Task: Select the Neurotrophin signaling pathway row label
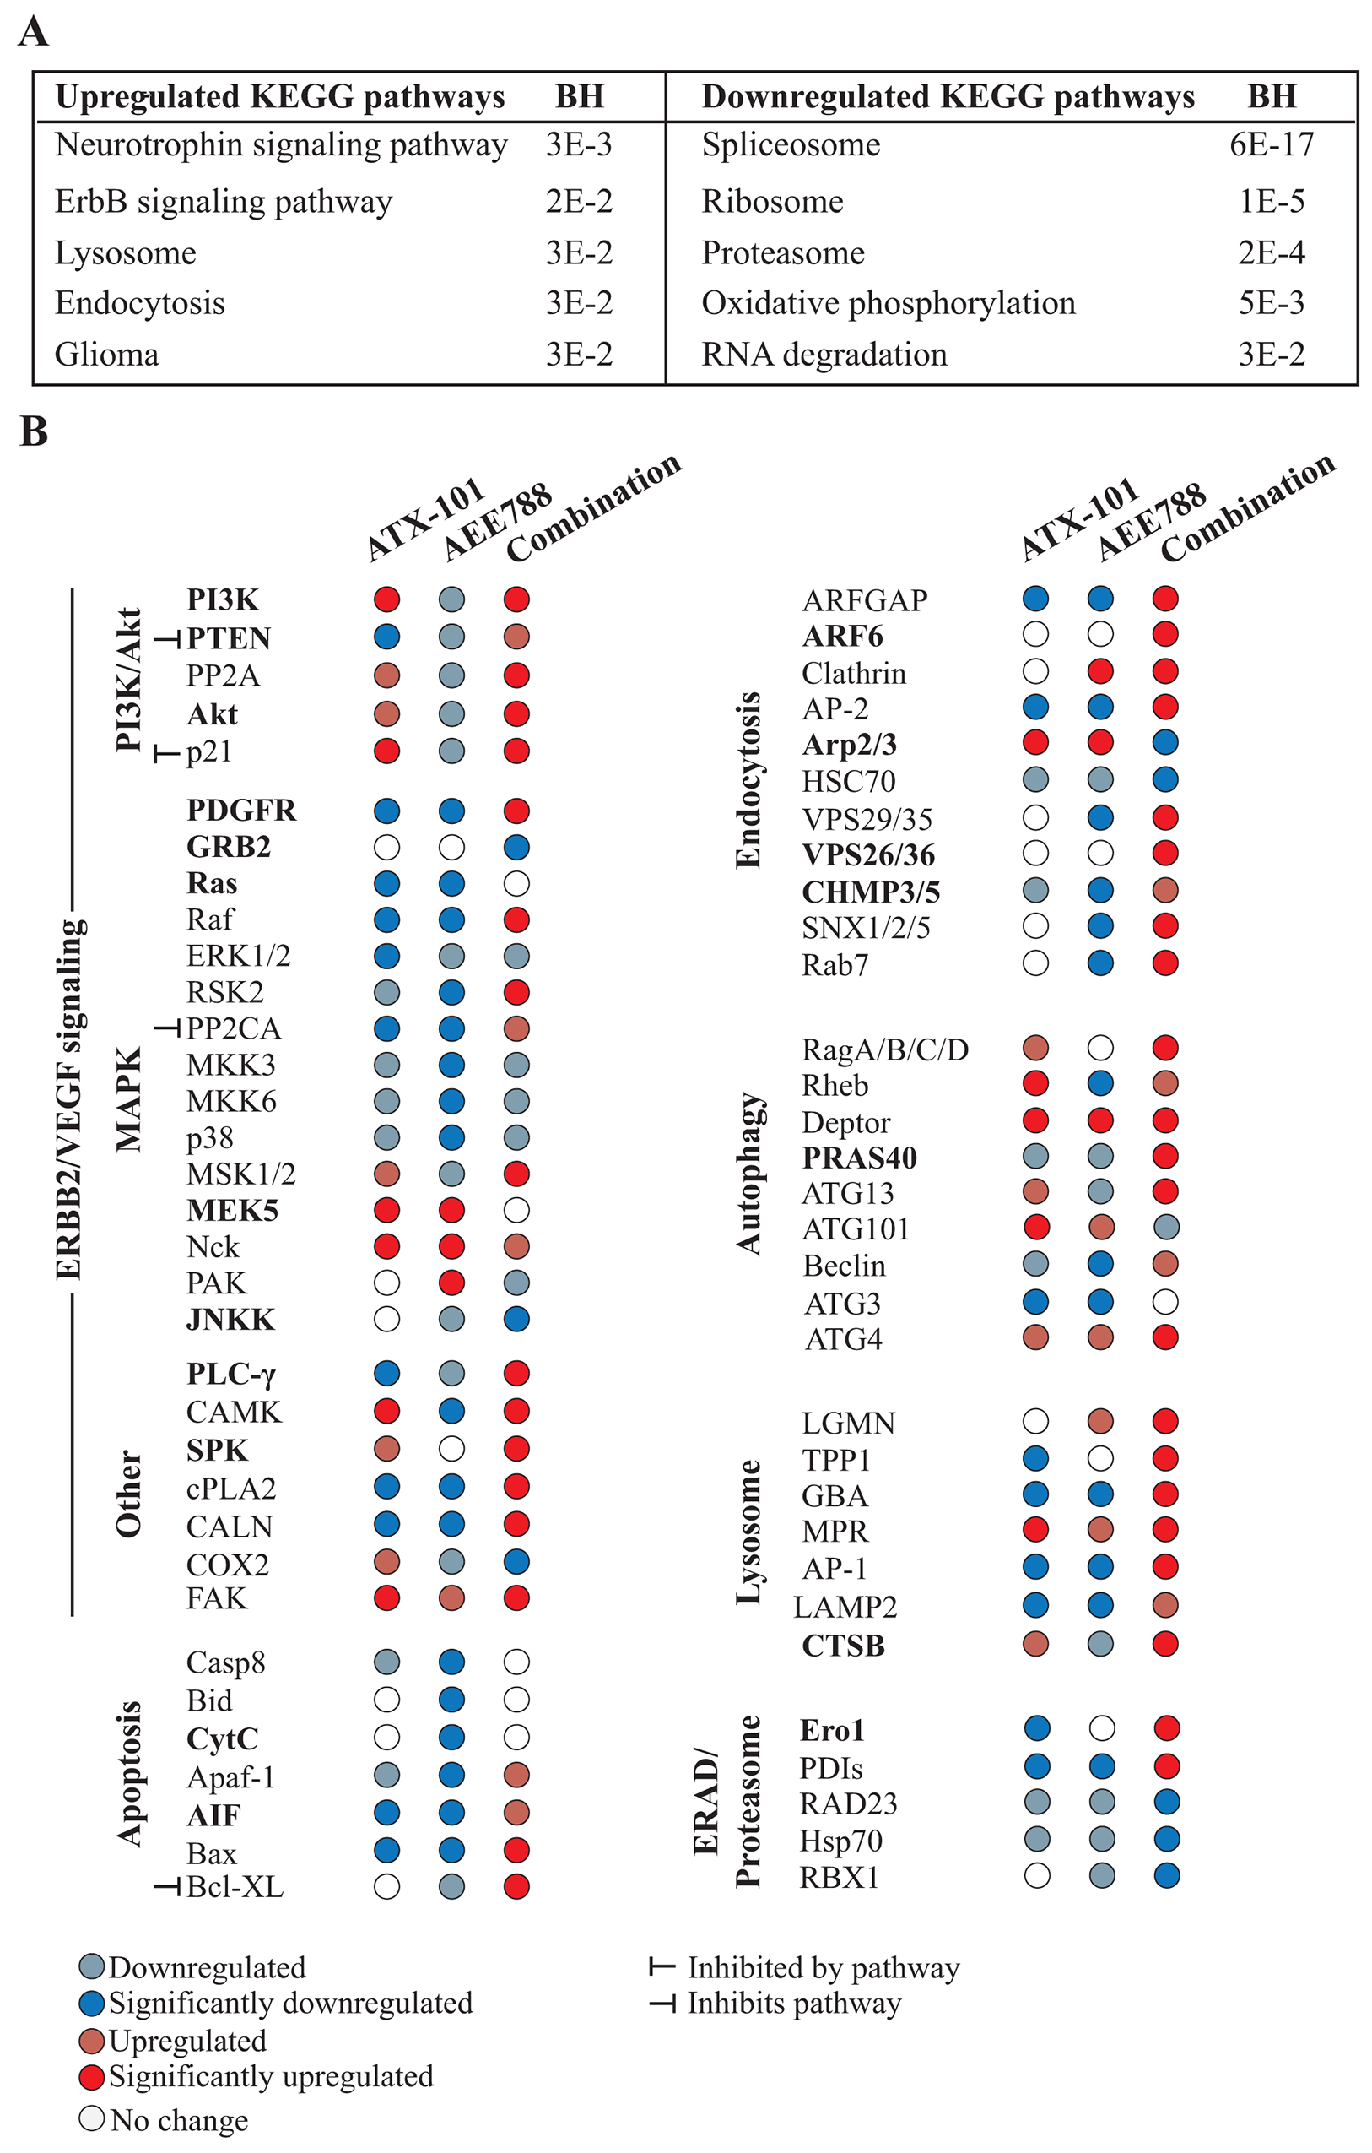pos(281,145)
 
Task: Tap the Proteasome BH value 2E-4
pos(1271,253)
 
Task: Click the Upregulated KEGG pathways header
pos(280,96)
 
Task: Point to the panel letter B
pos(33,431)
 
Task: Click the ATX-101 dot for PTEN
pos(386,637)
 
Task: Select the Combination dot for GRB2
pos(516,847)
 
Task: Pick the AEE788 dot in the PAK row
pos(451,1283)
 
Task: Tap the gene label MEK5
pos(232,1211)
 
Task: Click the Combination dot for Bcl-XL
pos(516,1887)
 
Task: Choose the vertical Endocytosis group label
pos(748,779)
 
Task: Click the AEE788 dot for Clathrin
pos(1100,671)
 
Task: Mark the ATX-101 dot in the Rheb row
pos(1035,1083)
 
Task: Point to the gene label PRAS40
pos(859,1158)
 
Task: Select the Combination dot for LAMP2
pos(1165,1605)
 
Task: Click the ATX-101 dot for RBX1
pos(1037,1876)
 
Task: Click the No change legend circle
pos(91,2119)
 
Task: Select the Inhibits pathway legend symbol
pos(662,2004)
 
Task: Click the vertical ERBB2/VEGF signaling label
pos(69,1100)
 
